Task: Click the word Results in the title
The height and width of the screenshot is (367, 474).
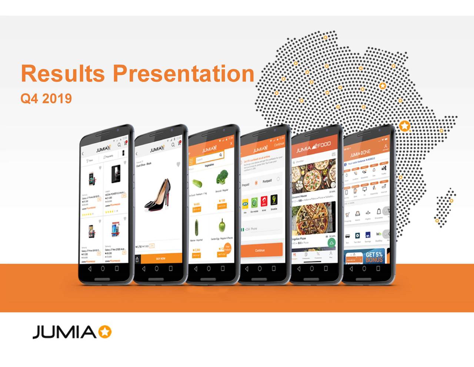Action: pyautogui.click(x=63, y=73)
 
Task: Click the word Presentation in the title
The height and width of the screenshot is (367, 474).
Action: pyautogui.click(x=183, y=73)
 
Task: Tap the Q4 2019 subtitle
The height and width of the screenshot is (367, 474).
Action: pyautogui.click(x=46, y=99)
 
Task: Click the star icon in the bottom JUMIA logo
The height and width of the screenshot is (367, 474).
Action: pyautogui.click(x=105, y=332)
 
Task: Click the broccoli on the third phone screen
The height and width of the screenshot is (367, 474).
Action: pyautogui.click(x=222, y=177)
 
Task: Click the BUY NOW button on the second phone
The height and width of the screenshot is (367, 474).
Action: pyautogui.click(x=161, y=258)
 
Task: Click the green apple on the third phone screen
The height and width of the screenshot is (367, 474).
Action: pyautogui.click(x=221, y=225)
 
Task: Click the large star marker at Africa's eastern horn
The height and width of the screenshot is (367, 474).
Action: pyautogui.click(x=405, y=126)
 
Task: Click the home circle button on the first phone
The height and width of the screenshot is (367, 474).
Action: pyautogui.click(x=103, y=268)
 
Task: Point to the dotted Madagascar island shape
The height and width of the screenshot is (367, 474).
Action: pyautogui.click(x=444, y=208)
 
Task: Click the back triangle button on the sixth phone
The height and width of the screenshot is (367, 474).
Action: pyautogui.click(x=351, y=269)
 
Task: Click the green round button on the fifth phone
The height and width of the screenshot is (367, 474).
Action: pyautogui.click(x=331, y=243)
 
